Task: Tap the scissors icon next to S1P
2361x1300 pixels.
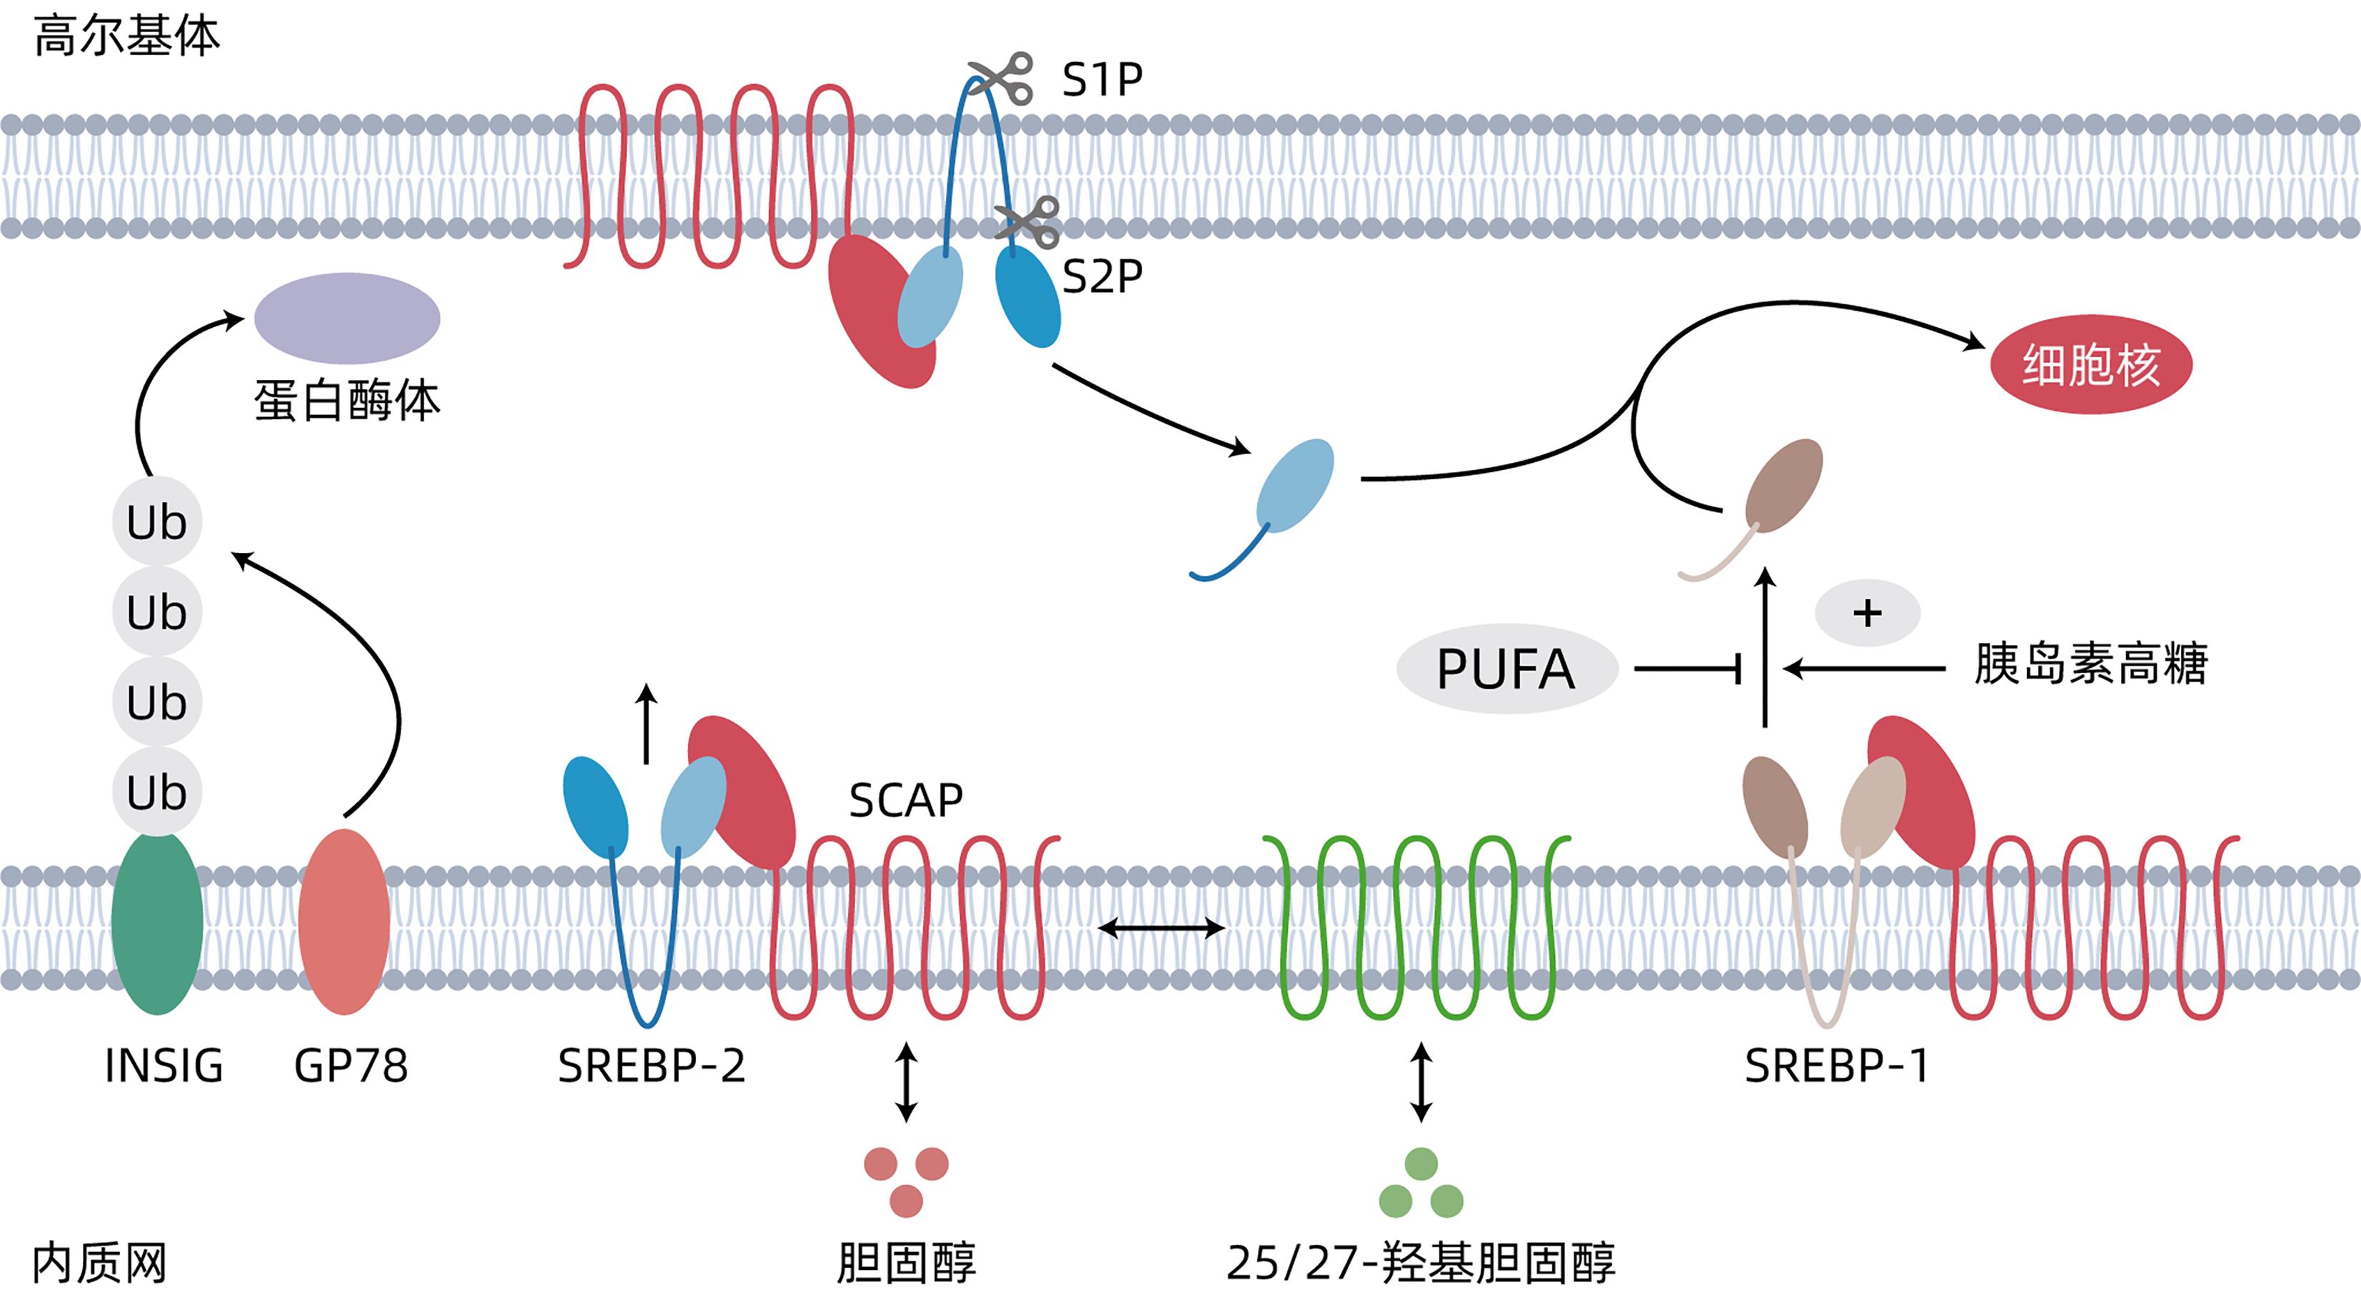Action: pos(1000,77)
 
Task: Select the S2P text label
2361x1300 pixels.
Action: pos(1102,275)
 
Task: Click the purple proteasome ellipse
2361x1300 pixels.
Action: pos(346,317)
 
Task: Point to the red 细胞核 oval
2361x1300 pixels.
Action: pos(2090,364)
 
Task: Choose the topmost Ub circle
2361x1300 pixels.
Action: pos(157,521)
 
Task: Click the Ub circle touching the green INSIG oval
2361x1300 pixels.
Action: pos(157,791)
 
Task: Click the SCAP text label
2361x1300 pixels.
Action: pos(905,800)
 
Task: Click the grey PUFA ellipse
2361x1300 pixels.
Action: pos(1505,669)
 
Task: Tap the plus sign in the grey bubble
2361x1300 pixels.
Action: pos(1867,612)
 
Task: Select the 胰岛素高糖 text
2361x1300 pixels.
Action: pos(2090,664)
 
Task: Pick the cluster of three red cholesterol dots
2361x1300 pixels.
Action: pos(905,1181)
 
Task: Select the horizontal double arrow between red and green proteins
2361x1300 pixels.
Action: pos(1162,929)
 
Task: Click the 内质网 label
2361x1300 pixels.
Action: pos(99,1264)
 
